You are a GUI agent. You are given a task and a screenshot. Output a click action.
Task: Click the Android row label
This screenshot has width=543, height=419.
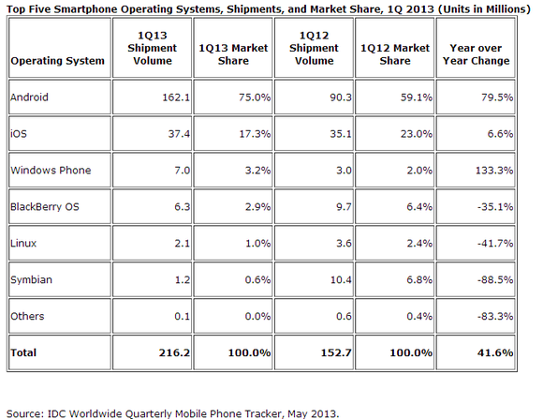coord(29,97)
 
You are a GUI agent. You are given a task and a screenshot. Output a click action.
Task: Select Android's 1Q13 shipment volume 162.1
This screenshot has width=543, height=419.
coord(176,97)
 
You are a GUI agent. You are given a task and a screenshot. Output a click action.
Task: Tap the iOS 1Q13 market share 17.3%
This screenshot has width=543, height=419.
coord(255,134)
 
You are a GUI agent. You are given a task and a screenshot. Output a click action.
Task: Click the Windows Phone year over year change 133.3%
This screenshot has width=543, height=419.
coord(494,171)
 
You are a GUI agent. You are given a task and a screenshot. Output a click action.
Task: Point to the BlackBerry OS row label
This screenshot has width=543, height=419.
coord(45,207)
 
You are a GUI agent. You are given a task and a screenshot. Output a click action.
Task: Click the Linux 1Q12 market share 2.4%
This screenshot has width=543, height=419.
coord(419,243)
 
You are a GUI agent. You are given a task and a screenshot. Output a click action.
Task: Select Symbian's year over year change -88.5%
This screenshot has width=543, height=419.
coord(495,279)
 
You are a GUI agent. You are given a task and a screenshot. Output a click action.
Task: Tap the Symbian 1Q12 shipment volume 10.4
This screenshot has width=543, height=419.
coord(341,279)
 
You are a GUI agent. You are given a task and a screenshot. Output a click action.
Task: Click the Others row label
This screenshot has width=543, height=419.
coord(27,316)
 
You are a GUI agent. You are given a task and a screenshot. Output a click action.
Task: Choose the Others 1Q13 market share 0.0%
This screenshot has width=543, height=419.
coord(257,316)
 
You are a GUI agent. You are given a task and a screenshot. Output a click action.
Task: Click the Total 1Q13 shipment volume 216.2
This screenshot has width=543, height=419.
coord(174,352)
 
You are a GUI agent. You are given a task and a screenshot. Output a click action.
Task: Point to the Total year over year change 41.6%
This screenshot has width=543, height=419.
coord(495,352)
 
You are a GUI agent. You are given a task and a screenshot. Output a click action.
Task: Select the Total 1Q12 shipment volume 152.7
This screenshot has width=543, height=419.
coord(336,352)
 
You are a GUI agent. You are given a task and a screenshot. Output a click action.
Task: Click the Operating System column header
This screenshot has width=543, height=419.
coord(57,61)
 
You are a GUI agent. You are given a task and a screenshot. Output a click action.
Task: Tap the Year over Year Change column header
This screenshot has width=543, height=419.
coord(476,54)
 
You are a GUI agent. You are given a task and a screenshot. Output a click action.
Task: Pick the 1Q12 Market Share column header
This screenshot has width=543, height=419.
coord(395,54)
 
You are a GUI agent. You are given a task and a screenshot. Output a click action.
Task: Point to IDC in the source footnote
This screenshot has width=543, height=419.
coord(56,413)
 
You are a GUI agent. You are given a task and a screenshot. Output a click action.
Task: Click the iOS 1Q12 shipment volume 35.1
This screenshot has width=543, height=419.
coord(341,134)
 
